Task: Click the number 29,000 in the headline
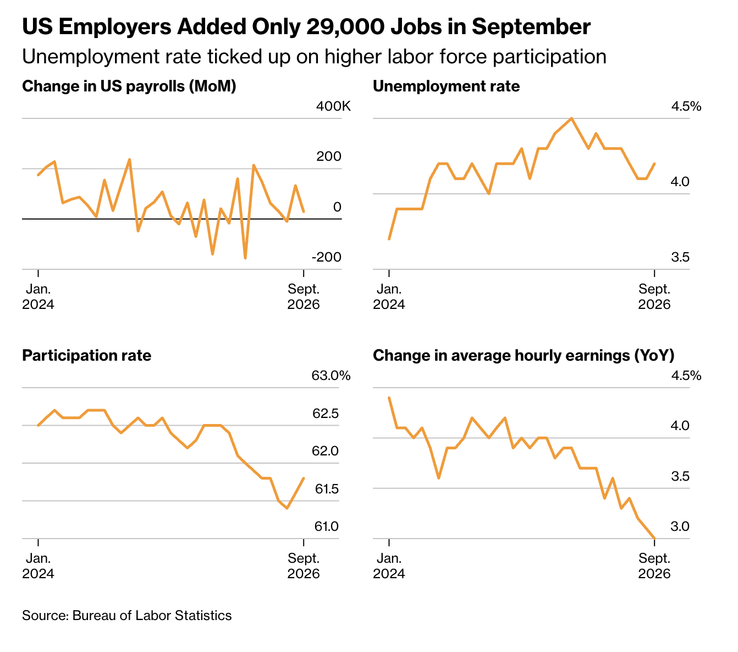coord(346,27)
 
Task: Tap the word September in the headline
coord(531,27)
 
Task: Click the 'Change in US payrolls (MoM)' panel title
coord(129,86)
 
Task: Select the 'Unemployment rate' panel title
coord(446,86)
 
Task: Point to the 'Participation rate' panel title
coord(87,355)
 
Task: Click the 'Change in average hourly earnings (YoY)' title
coord(524,355)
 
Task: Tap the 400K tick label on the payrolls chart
coord(333,106)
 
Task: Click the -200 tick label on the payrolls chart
coord(327,257)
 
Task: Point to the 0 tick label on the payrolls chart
coord(337,207)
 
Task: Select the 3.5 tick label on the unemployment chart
coord(680,257)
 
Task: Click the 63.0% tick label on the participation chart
coord(331,376)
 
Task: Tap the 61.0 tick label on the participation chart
coord(327,526)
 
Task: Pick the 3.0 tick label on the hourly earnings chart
coord(680,526)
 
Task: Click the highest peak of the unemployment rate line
coord(571,118)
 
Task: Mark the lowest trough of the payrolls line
coord(245,258)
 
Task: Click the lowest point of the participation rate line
coord(288,508)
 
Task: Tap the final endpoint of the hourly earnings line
coord(654,538)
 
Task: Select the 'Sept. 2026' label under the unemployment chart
coord(654,297)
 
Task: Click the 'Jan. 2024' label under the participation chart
coord(38,566)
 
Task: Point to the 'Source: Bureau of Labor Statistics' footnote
coord(127,616)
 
